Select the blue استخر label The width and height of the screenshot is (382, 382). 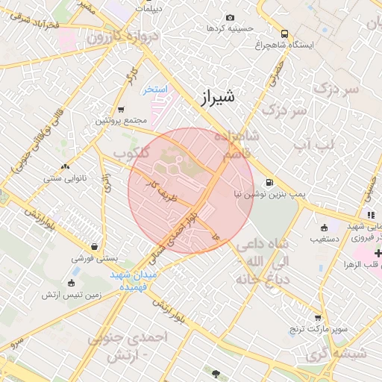pos(157,89)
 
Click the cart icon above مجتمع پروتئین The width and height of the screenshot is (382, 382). pos(100,109)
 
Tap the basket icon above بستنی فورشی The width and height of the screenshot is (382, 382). pos(94,246)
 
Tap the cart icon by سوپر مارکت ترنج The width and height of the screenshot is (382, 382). pos(318,317)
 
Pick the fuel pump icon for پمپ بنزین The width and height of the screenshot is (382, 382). pos(269,181)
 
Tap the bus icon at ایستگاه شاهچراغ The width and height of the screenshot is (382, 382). pos(284,34)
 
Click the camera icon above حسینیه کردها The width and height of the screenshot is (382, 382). pos(229,17)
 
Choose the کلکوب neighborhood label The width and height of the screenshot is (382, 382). pos(131,153)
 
